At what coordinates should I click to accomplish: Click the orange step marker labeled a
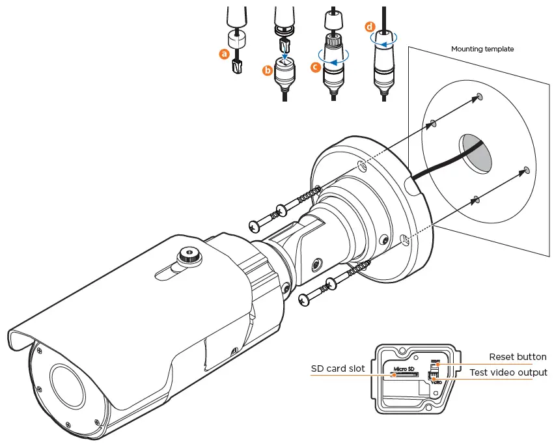point(225,55)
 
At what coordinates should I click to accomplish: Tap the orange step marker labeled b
point(268,71)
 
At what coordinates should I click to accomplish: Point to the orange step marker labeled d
point(370,27)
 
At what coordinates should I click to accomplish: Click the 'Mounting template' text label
point(482,49)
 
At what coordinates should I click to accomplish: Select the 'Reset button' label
point(518,357)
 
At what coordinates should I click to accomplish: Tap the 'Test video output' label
point(508,372)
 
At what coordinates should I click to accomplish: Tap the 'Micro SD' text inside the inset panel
point(402,368)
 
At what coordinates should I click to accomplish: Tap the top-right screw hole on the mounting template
point(480,97)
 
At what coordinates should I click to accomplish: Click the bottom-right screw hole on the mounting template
point(525,171)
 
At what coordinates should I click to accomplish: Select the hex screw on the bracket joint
point(316,264)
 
